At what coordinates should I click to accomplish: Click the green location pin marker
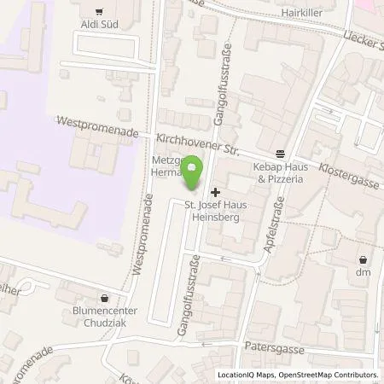(193, 173)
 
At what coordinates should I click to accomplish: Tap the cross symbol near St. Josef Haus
(214, 192)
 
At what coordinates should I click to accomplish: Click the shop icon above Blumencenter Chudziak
(104, 299)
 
